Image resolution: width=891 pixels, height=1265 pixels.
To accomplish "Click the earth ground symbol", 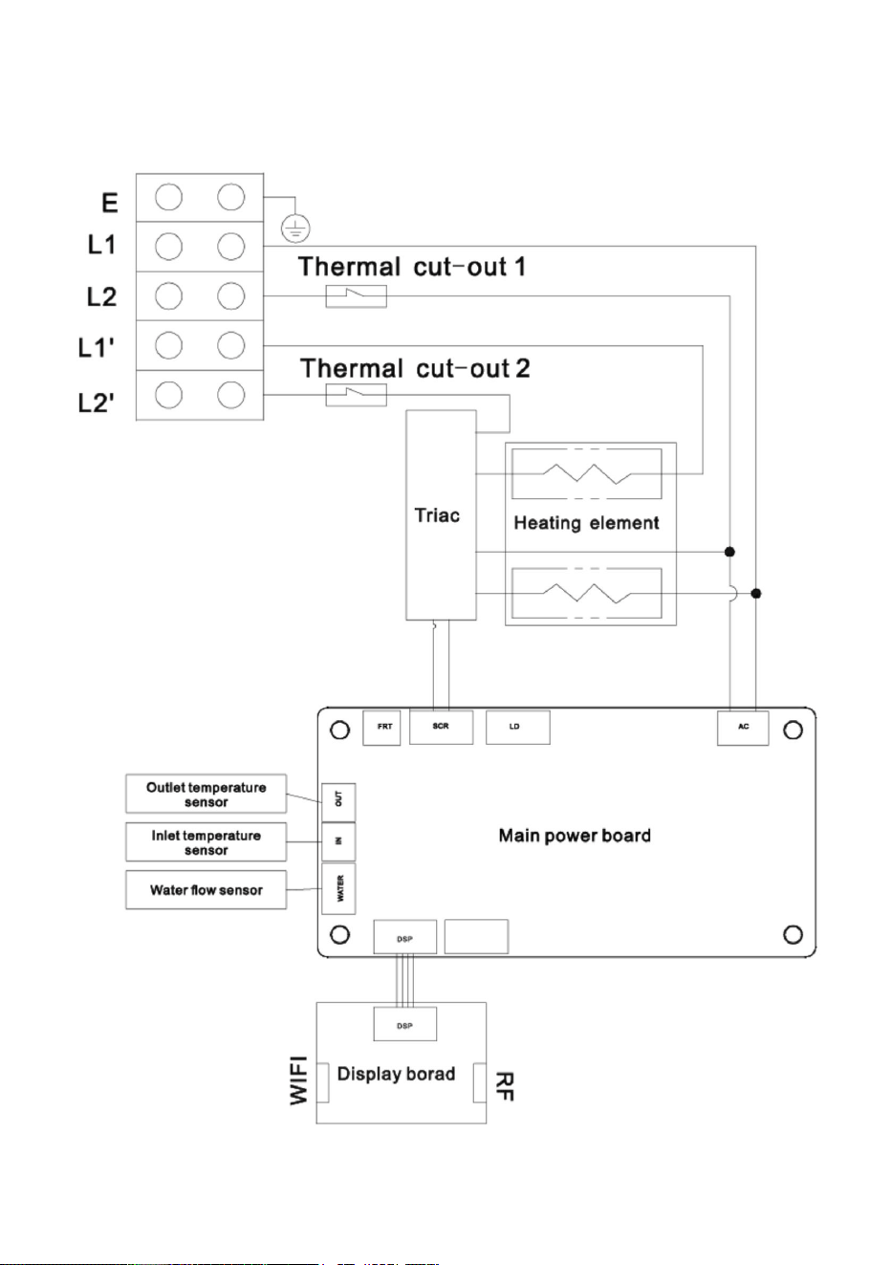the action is tap(295, 229).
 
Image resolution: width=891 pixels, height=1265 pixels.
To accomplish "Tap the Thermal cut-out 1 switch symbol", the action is tap(357, 295).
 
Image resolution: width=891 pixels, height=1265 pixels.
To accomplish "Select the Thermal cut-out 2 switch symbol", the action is tap(357, 395).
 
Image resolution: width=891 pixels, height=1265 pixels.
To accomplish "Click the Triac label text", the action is tap(437, 515).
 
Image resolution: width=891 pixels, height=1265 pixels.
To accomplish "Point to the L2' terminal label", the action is tap(96, 403).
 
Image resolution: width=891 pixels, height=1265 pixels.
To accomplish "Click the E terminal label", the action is tap(110, 203).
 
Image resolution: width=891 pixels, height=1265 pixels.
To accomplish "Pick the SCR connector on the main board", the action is tap(441, 727).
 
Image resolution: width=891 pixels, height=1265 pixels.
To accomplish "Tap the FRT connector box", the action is tap(381, 728).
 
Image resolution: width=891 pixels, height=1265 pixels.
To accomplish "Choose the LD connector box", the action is tap(518, 727).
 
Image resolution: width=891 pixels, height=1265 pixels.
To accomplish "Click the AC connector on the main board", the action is tap(743, 728).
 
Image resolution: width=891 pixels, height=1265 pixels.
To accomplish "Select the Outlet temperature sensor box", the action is tap(206, 794).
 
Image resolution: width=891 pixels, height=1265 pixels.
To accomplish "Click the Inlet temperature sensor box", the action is tap(206, 842).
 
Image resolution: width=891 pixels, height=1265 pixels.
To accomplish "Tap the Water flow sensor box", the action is tap(206, 889).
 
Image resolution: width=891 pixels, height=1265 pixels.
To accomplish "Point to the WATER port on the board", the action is tap(338, 888).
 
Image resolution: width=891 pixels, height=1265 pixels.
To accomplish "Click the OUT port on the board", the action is tap(338, 802).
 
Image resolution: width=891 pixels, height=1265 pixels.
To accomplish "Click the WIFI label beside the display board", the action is tap(298, 1080).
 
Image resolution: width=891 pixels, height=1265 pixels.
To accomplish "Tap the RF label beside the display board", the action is tap(504, 1086).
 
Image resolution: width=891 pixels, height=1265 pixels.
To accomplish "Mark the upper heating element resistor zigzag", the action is tap(587, 473).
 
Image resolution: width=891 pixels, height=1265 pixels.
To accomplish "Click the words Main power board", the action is tap(575, 836).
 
